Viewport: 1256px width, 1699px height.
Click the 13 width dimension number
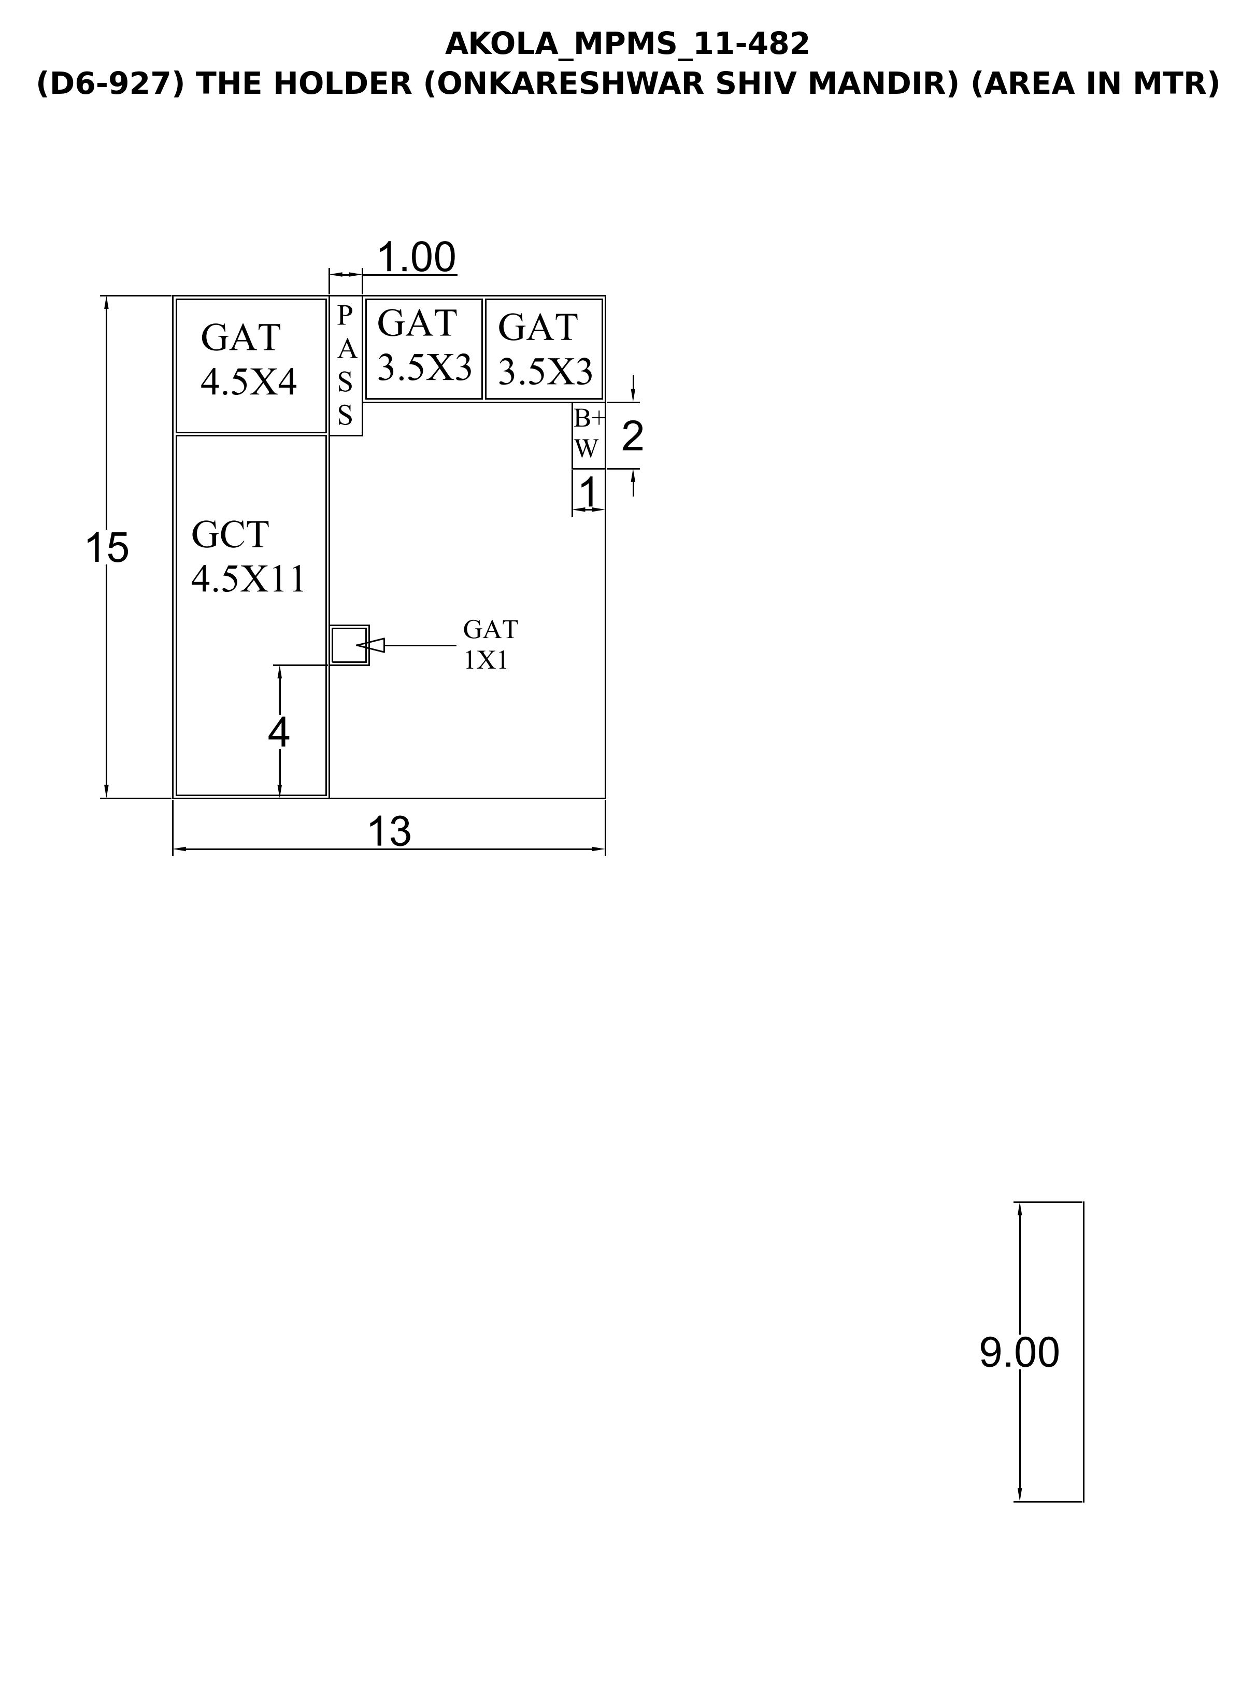coord(389,831)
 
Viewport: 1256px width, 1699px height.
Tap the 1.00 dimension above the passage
coord(417,257)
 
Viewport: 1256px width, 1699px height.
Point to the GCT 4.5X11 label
coord(248,557)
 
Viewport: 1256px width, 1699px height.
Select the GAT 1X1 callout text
coord(490,644)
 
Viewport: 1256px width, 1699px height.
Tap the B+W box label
coord(589,433)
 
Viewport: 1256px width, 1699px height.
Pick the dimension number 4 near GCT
coord(279,733)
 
